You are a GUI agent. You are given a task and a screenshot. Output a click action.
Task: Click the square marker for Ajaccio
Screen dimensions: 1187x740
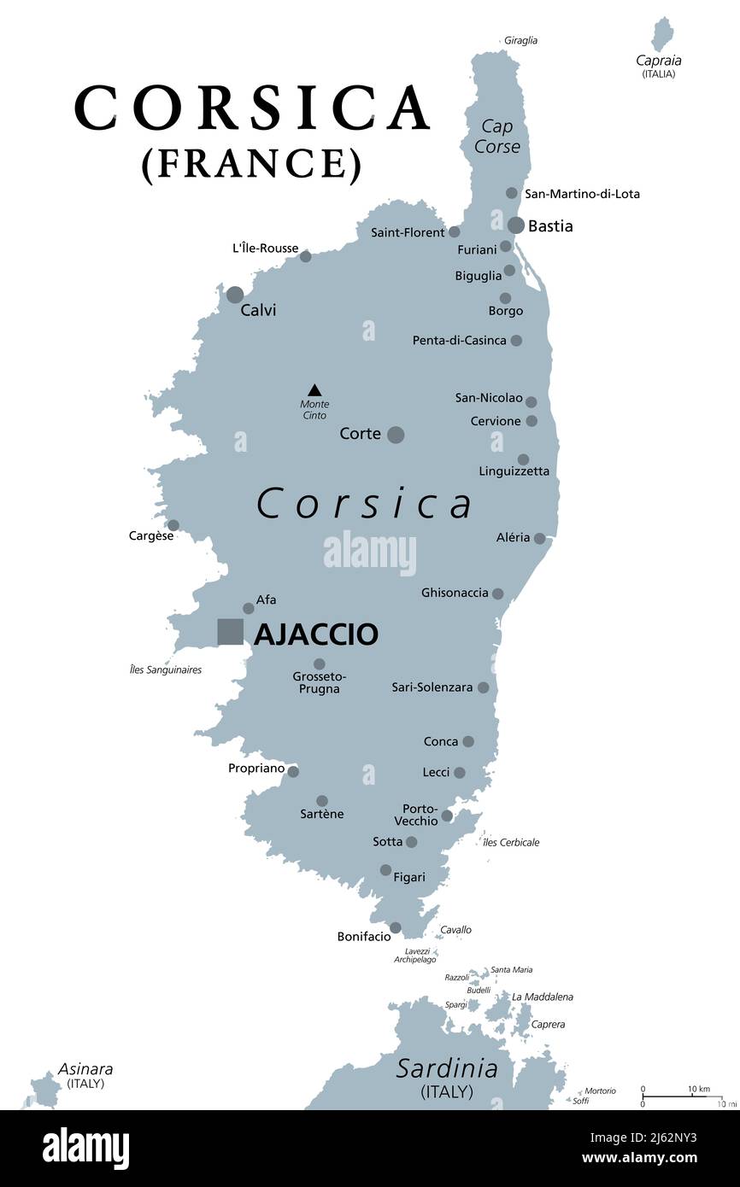click(x=231, y=632)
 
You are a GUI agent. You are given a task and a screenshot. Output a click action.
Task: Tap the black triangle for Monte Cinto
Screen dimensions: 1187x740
click(x=314, y=389)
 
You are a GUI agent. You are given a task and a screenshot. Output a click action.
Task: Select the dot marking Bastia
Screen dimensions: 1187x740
click(x=516, y=225)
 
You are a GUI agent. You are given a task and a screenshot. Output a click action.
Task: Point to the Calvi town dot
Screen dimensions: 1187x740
click(x=235, y=295)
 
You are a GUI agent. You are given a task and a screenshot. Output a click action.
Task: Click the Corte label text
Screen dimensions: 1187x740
click(x=360, y=434)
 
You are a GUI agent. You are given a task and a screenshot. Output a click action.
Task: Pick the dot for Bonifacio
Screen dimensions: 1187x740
click(x=396, y=927)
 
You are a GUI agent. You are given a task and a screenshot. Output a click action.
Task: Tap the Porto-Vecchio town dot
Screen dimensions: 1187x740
click(x=447, y=816)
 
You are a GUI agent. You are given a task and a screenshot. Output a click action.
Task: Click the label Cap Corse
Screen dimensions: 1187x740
click(x=497, y=137)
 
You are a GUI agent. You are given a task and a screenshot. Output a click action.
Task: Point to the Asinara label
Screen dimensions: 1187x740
click(x=85, y=1069)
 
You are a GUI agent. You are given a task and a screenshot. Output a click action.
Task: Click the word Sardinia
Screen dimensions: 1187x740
click(x=447, y=1068)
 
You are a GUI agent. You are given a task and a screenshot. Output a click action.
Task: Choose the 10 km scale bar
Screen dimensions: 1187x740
click(x=682, y=1096)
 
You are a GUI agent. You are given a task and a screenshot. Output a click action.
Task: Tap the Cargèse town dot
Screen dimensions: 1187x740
click(x=173, y=525)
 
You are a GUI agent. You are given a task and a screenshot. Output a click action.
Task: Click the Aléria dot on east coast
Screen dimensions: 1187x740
click(x=539, y=538)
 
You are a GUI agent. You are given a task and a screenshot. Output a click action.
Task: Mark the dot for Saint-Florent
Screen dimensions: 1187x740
click(x=455, y=231)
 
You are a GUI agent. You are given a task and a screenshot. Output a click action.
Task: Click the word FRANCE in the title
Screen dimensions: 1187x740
click(x=251, y=163)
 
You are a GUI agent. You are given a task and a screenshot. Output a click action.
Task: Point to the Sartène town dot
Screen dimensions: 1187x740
click(x=322, y=801)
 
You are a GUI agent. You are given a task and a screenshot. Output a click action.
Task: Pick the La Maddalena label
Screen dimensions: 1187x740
click(x=543, y=997)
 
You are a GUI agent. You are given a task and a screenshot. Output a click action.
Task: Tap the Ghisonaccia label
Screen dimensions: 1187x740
click(x=455, y=593)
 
